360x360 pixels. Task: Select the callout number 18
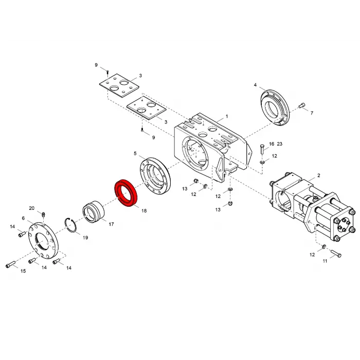pyautogui.click(x=143, y=211)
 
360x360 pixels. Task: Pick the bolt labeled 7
pyautogui.click(x=301, y=106)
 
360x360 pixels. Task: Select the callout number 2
pyautogui.click(x=318, y=175)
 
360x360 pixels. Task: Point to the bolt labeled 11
pyautogui.click(x=336, y=253)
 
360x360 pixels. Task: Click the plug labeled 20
pyautogui.click(x=44, y=214)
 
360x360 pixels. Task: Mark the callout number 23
pyautogui.click(x=279, y=144)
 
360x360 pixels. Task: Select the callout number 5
pyautogui.click(x=135, y=153)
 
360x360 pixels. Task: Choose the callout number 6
pyautogui.click(x=23, y=218)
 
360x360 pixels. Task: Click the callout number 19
pyautogui.click(x=85, y=238)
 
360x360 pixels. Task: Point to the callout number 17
pyautogui.click(x=111, y=224)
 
